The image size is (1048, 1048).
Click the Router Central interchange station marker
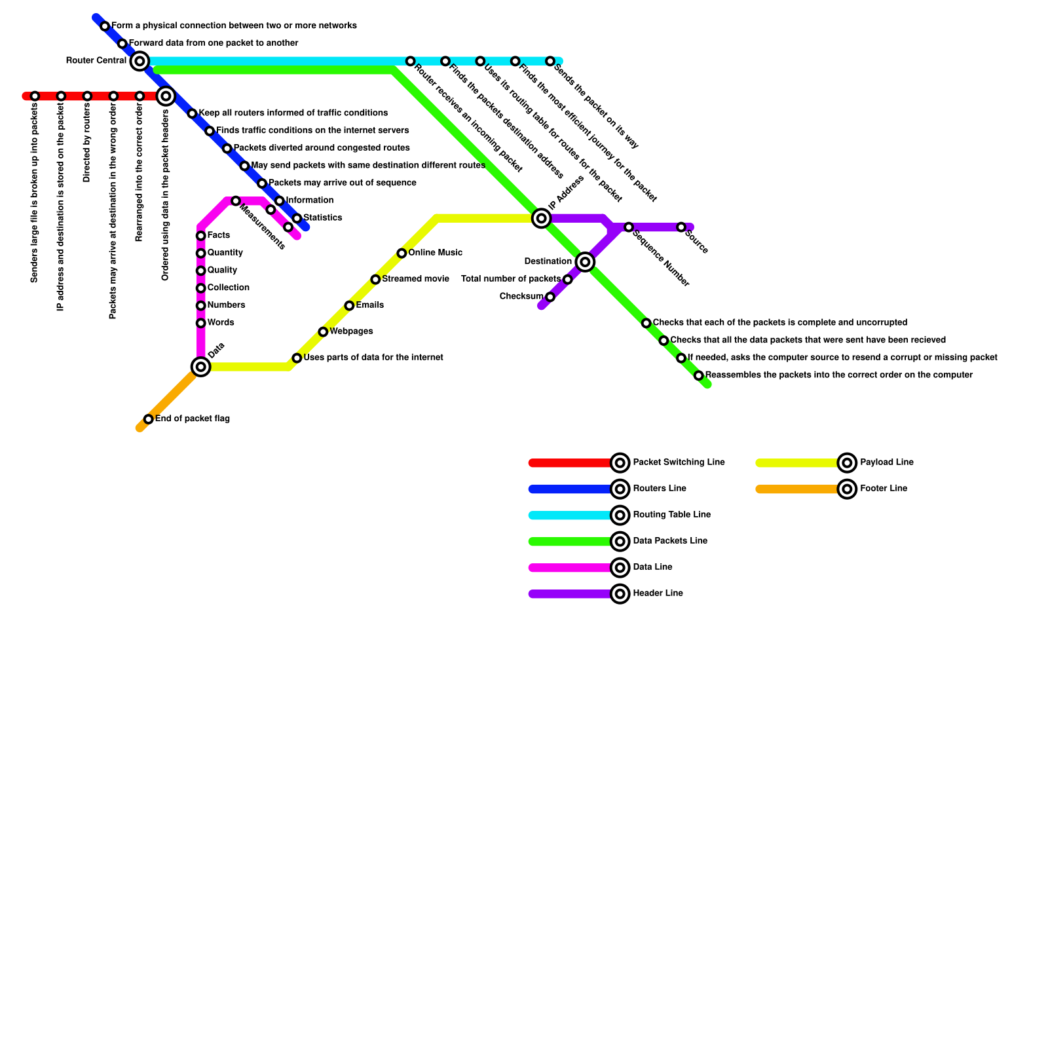(x=140, y=62)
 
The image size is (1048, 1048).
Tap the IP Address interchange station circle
(x=541, y=218)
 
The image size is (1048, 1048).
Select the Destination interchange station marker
(x=586, y=262)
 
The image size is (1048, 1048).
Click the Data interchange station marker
(x=201, y=367)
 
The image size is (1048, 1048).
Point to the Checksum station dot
(x=550, y=297)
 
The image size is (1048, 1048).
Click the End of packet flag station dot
(x=149, y=419)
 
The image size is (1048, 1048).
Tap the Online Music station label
(x=435, y=253)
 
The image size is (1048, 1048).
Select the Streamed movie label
(x=415, y=279)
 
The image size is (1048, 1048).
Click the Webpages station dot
(x=323, y=332)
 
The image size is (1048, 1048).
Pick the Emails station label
(x=369, y=305)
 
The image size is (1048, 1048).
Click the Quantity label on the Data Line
(x=225, y=253)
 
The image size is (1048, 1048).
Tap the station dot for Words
(x=201, y=323)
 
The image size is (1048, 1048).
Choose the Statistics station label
(x=322, y=217)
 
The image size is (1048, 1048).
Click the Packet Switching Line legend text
(x=679, y=462)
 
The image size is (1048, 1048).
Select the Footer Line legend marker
(x=847, y=489)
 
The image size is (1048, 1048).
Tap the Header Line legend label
(x=658, y=593)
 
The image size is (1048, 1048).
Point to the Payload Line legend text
(x=886, y=462)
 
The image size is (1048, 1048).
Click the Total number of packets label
(x=511, y=279)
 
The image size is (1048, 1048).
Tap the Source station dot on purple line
(x=681, y=227)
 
